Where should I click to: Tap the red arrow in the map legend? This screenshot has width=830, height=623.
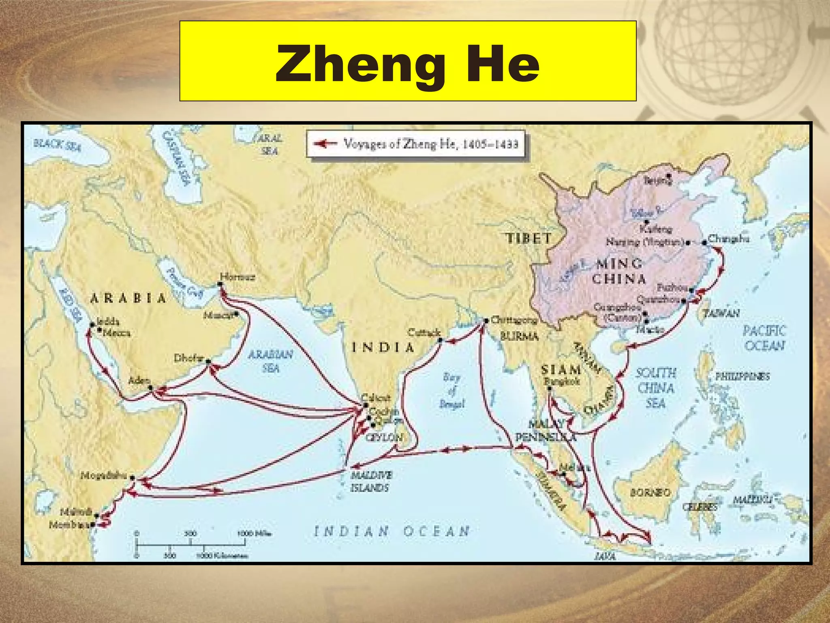point(325,144)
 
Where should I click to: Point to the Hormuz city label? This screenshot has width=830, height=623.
point(237,277)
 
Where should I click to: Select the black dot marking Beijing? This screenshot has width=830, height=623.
point(668,176)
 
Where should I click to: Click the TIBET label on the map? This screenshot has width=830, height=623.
point(529,238)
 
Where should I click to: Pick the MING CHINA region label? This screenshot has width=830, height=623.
point(619,271)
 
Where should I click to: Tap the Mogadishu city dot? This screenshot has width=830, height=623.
point(132,478)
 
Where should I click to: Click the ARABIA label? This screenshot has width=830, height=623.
point(128,299)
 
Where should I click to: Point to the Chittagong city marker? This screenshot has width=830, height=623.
point(486,320)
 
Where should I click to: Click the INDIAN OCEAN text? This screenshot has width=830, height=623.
point(392,531)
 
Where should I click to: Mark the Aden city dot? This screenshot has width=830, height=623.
point(151,388)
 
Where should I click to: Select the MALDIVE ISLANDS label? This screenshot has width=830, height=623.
point(370,481)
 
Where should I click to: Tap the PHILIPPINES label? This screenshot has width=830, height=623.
point(742,376)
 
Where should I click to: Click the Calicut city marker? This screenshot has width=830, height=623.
point(366,405)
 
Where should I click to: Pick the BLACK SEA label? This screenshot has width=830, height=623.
point(57,144)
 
